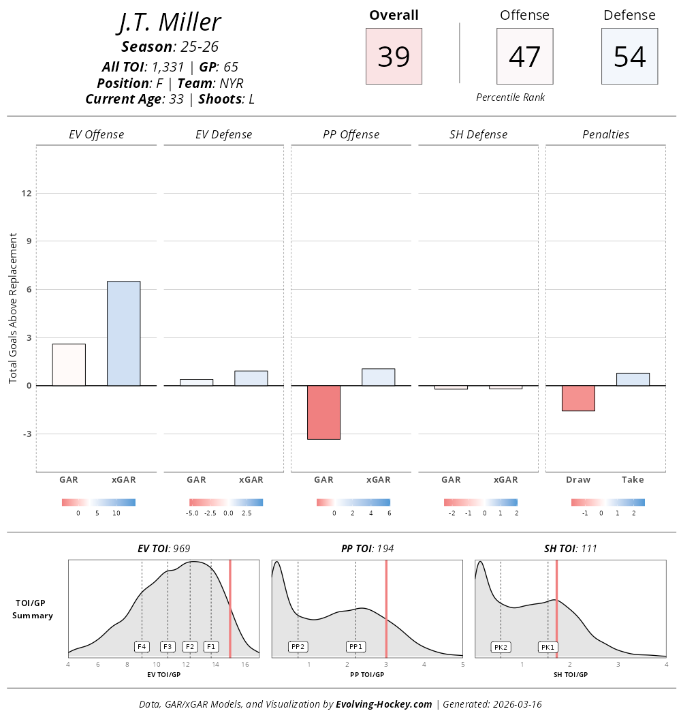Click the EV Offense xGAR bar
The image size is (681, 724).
(123, 333)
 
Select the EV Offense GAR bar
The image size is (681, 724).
(69, 365)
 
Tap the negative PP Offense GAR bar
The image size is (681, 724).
(323, 412)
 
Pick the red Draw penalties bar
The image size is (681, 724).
(578, 398)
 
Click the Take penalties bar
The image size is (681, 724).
(633, 379)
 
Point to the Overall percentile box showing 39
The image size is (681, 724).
(394, 57)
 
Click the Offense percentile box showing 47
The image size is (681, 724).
(524, 57)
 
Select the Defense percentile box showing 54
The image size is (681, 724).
(629, 57)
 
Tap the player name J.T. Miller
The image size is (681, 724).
(169, 22)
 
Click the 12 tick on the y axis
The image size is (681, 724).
(27, 193)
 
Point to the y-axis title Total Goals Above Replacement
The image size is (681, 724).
(13, 307)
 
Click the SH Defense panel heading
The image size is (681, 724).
(478, 134)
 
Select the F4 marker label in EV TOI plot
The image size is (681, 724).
(142, 646)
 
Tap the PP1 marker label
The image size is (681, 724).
(355, 646)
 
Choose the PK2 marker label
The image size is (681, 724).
(501, 647)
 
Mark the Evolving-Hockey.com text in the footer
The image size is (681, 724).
(384, 704)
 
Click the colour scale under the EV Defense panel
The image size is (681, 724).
(226, 502)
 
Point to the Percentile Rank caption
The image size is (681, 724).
(511, 97)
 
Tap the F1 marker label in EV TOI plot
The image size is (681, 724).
(211, 646)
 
